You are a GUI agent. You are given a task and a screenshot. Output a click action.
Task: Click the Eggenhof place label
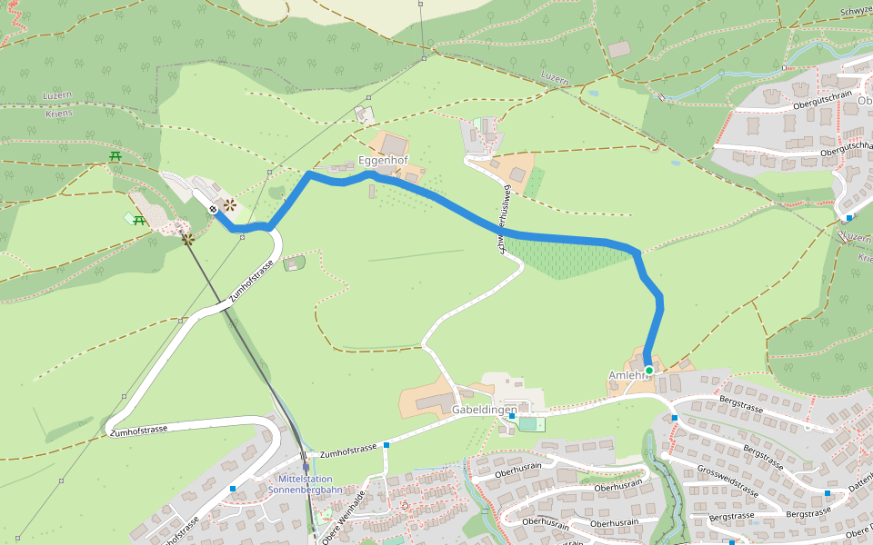(x=383, y=160)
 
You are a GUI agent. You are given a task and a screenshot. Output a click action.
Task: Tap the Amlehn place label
(x=625, y=375)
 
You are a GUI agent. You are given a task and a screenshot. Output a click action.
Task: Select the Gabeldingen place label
(x=484, y=410)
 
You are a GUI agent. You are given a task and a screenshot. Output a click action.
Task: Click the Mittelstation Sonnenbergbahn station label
(x=306, y=484)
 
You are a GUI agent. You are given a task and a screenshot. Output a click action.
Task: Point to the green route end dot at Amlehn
(x=649, y=370)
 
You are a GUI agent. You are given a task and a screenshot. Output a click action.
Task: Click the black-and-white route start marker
(x=213, y=209)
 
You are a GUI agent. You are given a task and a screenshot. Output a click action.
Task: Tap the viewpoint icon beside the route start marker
(x=230, y=205)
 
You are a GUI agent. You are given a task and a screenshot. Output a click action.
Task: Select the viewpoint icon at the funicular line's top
(x=187, y=239)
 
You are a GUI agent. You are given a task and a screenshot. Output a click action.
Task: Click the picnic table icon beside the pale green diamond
(x=139, y=220)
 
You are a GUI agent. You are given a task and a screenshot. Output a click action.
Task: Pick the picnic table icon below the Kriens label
(x=115, y=156)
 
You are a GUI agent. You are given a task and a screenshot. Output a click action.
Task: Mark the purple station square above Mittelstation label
(x=306, y=468)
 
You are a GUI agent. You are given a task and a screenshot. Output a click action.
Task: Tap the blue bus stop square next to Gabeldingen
(x=512, y=416)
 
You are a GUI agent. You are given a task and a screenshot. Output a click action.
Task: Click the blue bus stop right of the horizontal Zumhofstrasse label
(x=386, y=445)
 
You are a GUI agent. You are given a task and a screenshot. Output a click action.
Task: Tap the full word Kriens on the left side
(x=58, y=114)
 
